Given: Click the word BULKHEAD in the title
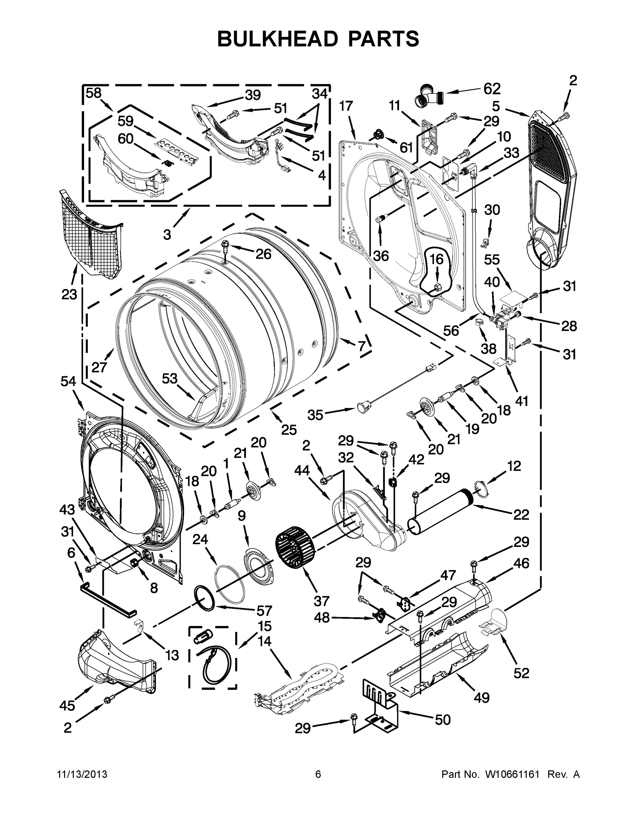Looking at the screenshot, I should [x=278, y=39].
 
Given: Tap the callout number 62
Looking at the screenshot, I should [x=492, y=89].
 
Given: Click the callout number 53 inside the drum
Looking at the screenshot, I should [x=170, y=378].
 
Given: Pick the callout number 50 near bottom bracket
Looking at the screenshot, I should [x=442, y=720].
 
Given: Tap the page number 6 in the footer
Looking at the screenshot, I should [x=318, y=774].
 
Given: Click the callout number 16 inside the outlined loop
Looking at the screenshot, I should [x=437, y=259].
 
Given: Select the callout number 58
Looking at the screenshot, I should [x=94, y=93].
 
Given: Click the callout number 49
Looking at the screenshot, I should [x=481, y=697].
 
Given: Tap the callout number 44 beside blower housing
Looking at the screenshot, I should [x=302, y=470].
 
